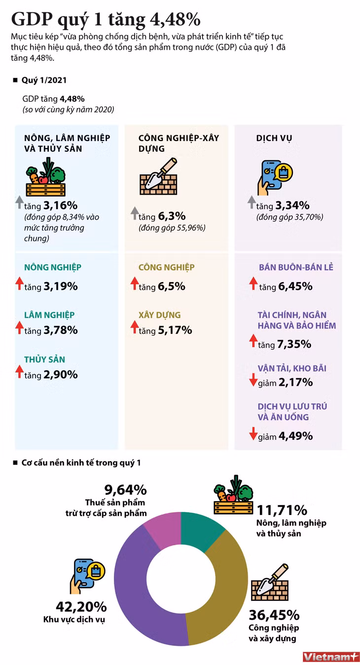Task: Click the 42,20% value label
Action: (81, 607)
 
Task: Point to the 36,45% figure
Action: (274, 615)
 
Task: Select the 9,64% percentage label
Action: (125, 490)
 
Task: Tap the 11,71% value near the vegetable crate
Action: (282, 510)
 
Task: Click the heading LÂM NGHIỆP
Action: (49, 315)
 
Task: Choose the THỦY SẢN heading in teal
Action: (44, 359)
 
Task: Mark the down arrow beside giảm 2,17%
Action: (253, 380)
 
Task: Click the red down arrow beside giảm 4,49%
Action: (253, 434)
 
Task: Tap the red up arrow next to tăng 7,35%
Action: (253, 340)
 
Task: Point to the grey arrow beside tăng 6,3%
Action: (135, 213)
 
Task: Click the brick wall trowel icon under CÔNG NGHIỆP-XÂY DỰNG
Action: (158, 176)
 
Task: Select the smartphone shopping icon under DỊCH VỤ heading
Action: (275, 178)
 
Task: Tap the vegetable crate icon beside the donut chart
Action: (234, 495)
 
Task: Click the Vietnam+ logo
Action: (330, 657)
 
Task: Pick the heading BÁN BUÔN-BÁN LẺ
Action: (296, 267)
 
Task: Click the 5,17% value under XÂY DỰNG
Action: (175, 330)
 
